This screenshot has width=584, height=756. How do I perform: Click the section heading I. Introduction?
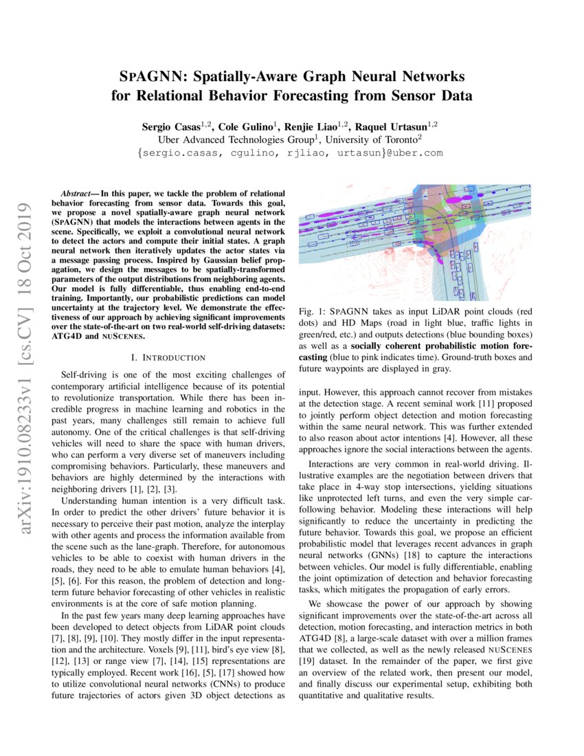click(x=168, y=358)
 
